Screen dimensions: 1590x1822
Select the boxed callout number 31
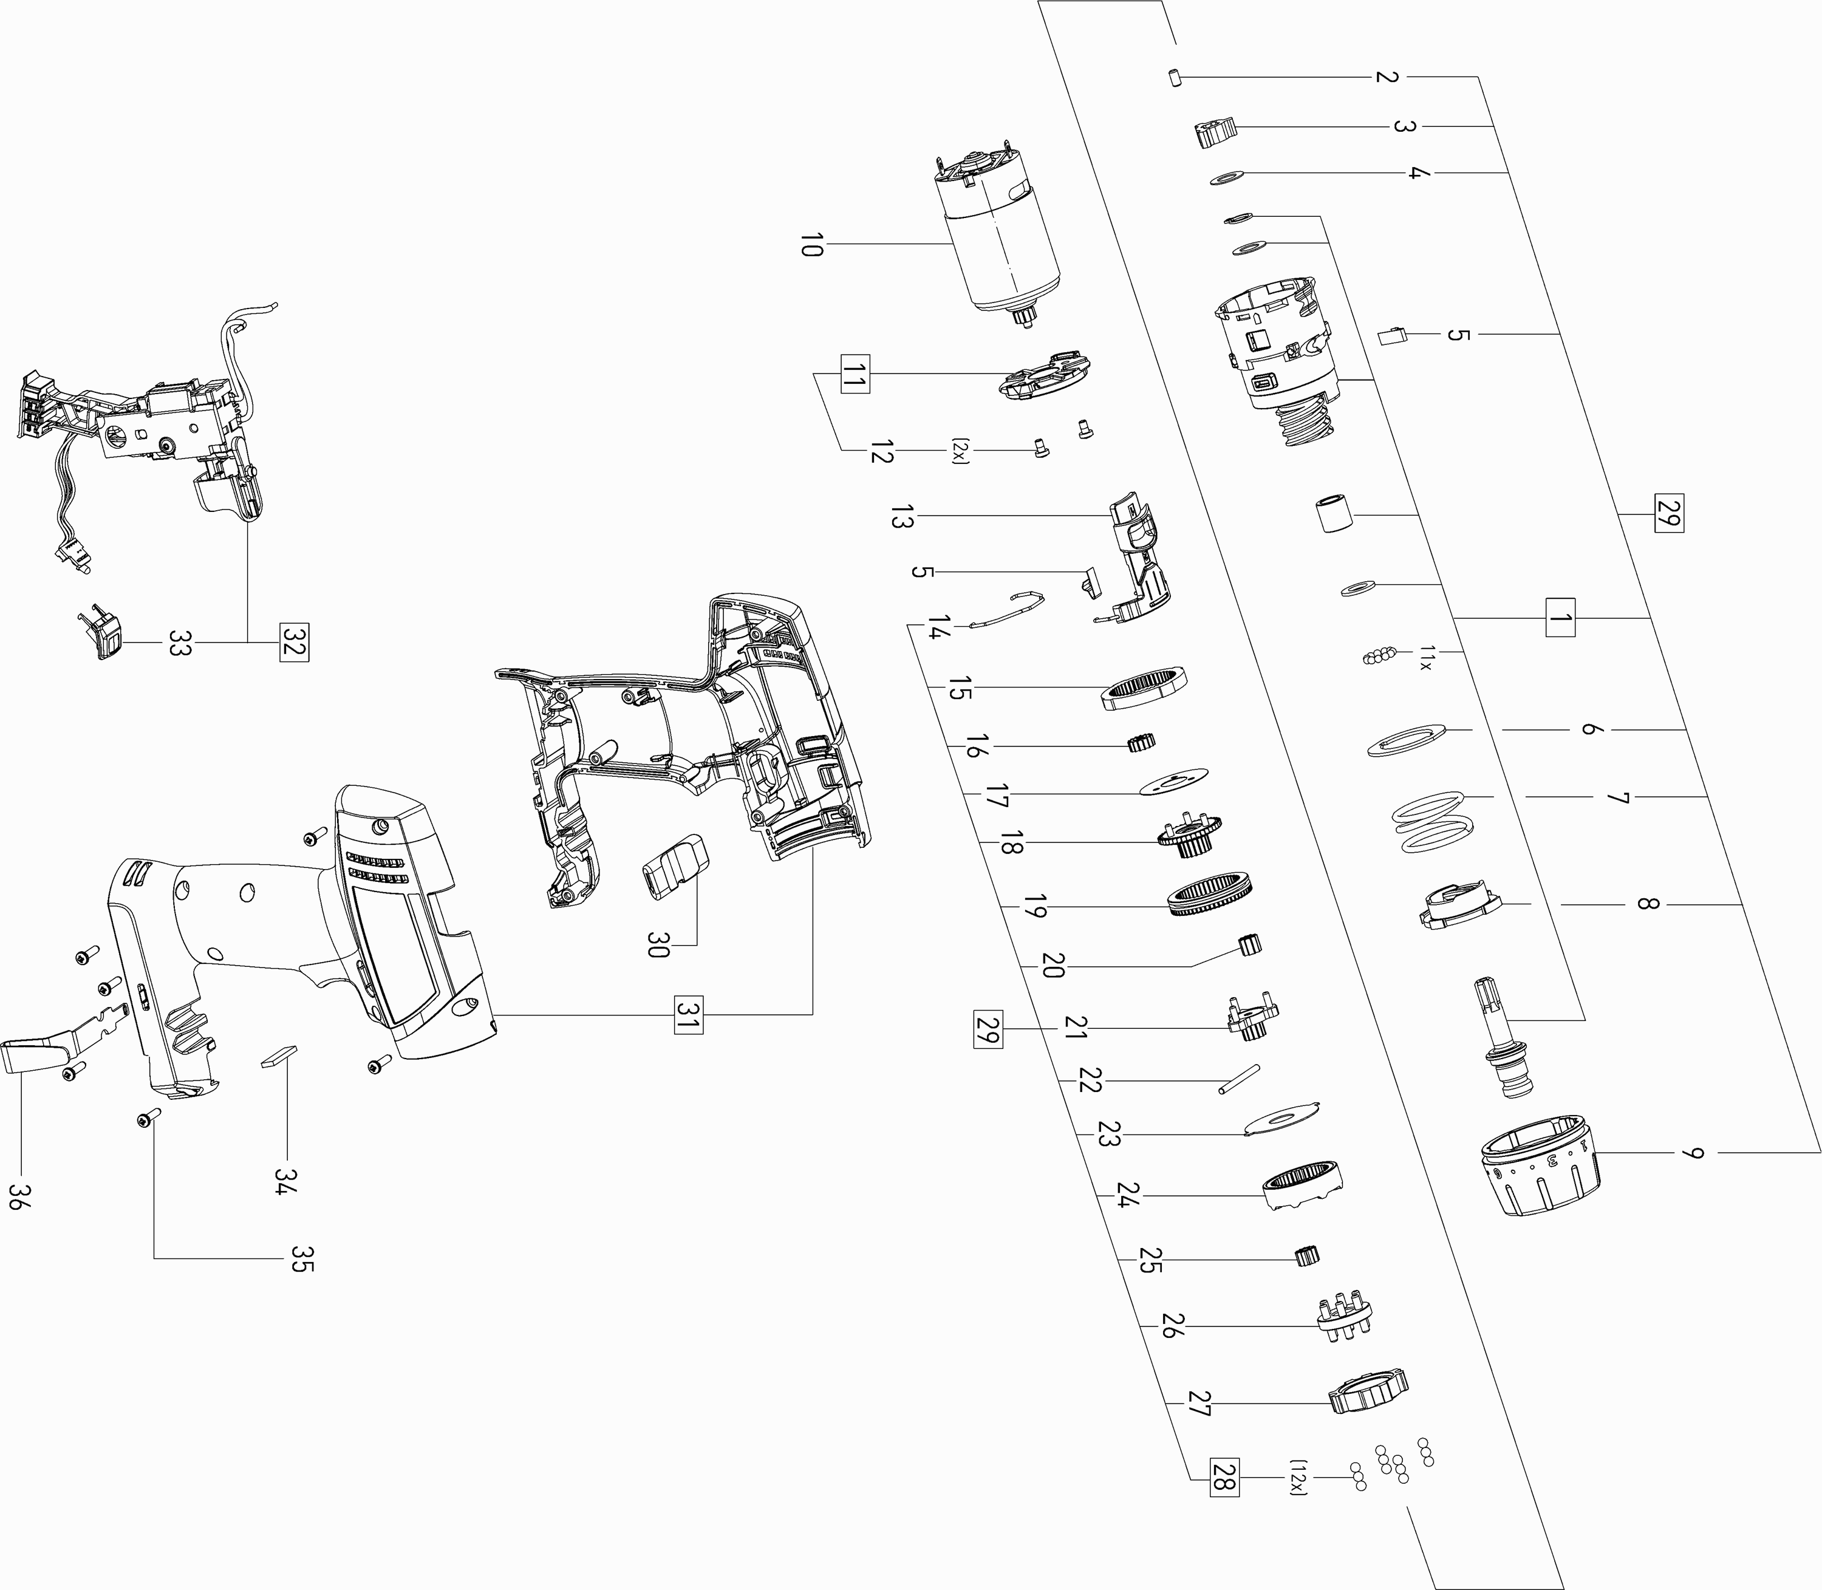coord(688,1014)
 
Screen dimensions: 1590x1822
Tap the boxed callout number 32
coord(293,643)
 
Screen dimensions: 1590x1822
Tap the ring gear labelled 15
coord(1144,688)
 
